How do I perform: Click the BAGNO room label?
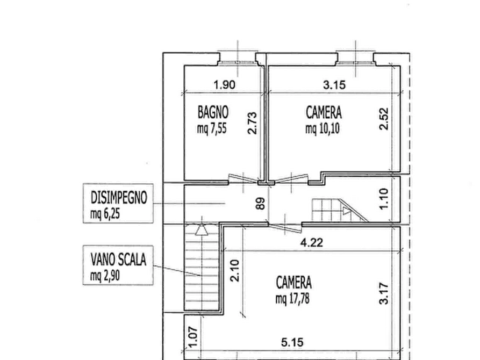213,112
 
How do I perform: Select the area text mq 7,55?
212,128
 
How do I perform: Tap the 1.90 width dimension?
224,85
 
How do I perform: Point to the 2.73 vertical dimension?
252,123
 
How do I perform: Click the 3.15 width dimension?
334,85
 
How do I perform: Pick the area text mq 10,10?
323,128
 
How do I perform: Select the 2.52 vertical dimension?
384,119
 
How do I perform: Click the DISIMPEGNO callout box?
118,203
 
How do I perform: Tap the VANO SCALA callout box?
118,265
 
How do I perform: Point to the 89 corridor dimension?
260,204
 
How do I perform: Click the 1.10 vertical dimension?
384,199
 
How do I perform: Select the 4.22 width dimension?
312,243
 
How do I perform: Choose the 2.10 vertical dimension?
234,271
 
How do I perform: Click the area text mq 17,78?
292,298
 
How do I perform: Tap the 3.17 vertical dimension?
384,294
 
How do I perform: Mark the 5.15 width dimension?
292,342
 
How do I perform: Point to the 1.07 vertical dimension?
193,338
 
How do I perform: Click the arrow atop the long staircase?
202,229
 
